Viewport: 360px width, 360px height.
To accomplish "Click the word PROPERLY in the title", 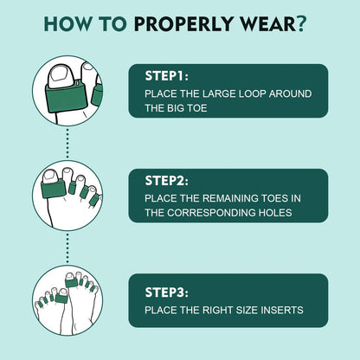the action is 183,23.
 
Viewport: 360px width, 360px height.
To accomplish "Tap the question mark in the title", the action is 301,23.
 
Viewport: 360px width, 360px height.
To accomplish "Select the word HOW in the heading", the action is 67,23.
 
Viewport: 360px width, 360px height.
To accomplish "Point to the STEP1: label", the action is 167,76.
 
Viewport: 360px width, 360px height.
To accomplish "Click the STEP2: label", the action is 167,181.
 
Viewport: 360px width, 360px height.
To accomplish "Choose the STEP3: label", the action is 167,292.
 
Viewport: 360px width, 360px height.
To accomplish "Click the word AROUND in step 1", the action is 290,93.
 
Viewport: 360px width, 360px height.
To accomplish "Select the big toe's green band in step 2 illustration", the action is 54,189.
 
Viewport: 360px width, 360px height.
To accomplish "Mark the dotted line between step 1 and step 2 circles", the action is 67,143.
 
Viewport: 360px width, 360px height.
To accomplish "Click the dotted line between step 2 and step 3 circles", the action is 67,247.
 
